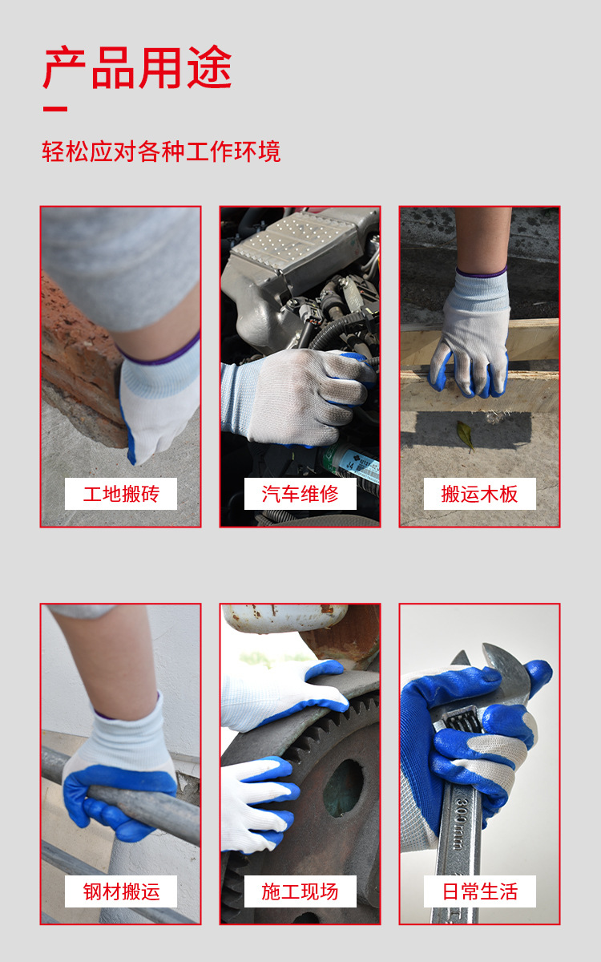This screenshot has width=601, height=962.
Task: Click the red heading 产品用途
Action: pyautogui.click(x=137, y=67)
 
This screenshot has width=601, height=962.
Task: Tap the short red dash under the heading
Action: pyautogui.click(x=54, y=109)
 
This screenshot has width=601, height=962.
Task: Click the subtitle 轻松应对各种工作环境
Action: pyautogui.click(x=161, y=152)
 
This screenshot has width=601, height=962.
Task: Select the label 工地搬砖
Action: pyautogui.click(x=120, y=494)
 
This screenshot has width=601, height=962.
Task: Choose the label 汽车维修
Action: pyautogui.click(x=300, y=494)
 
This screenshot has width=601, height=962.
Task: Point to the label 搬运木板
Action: pyautogui.click(x=479, y=494)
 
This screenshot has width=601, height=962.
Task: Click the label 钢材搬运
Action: pyautogui.click(x=120, y=891)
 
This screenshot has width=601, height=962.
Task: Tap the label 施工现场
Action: pyautogui.click(x=300, y=891)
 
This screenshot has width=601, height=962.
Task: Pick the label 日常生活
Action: pyautogui.click(x=479, y=891)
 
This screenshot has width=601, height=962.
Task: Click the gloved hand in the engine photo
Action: pyautogui.click(x=296, y=393)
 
